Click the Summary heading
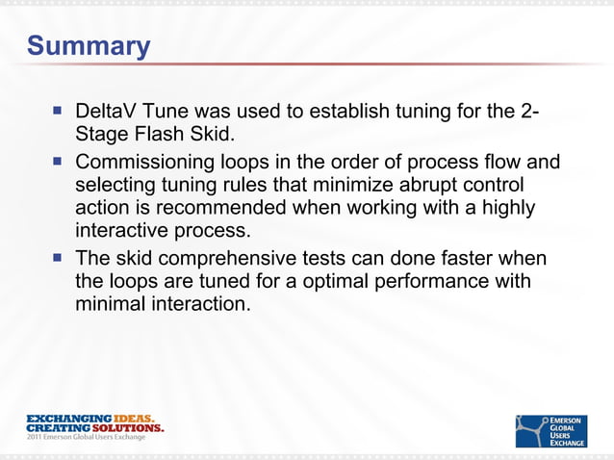(88, 46)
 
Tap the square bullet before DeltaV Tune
(59, 111)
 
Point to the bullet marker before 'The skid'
(59, 259)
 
